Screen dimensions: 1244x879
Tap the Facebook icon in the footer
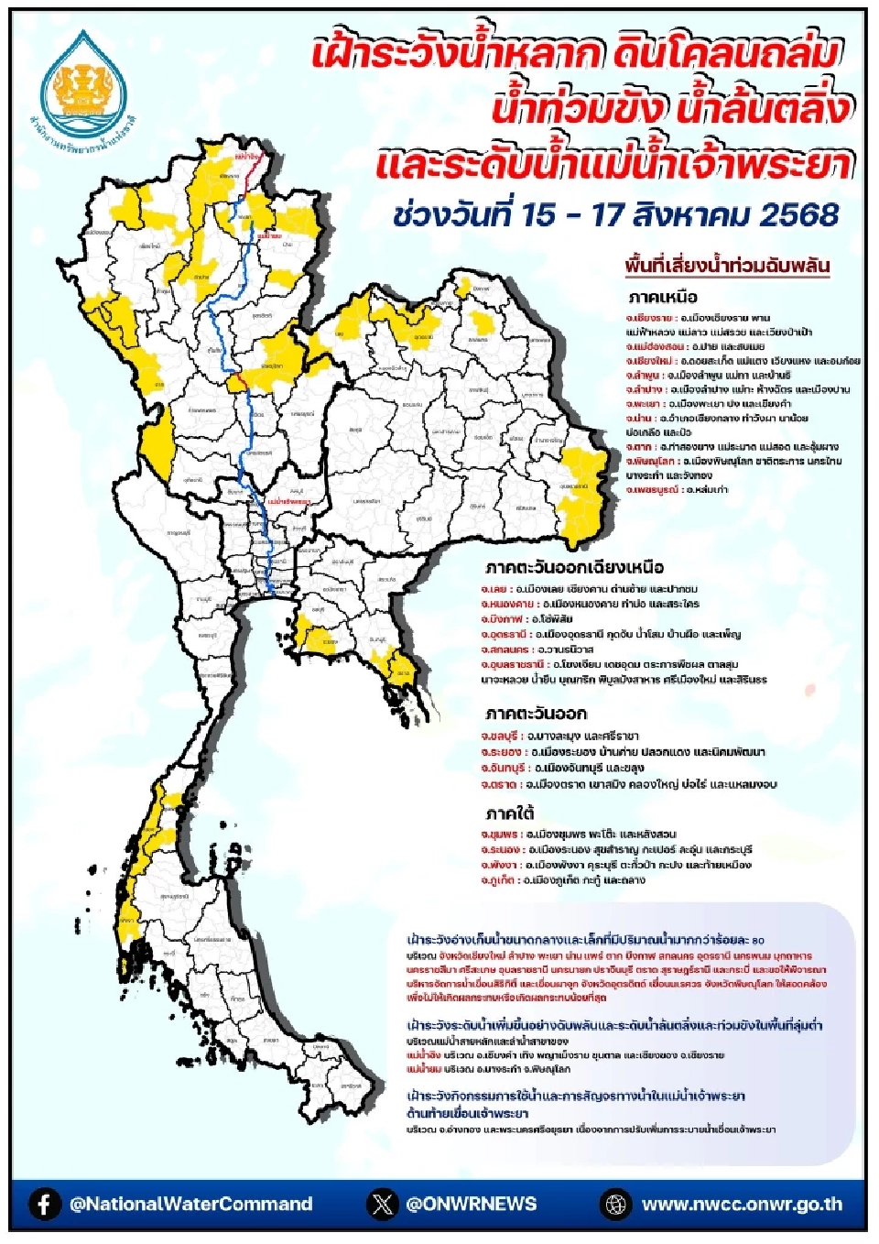tap(44, 1204)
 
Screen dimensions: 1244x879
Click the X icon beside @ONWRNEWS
tap(383, 1204)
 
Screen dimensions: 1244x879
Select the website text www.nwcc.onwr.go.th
tap(742, 1204)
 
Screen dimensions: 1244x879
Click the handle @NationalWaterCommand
tap(190, 1204)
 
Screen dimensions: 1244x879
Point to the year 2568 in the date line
tap(798, 215)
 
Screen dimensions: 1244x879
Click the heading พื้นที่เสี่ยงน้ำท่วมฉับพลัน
tap(727, 267)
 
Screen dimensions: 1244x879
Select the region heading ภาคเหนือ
tap(663, 298)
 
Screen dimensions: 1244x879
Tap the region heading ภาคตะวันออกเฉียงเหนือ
tap(574, 567)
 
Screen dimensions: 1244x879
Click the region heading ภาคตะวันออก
tap(536, 714)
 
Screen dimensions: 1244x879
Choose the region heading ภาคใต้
tap(510, 813)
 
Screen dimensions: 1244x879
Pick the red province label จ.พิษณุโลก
tap(652, 462)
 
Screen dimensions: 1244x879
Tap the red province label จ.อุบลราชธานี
tap(514, 664)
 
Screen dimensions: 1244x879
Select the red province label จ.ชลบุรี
tap(499, 736)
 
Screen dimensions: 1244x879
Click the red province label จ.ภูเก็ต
tap(498, 880)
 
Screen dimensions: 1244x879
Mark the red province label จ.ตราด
tap(499, 784)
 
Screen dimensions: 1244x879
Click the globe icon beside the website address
tap(616, 1204)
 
